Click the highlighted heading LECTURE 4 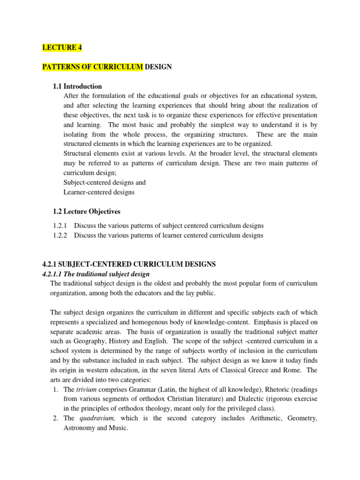pyautogui.click(x=60, y=47)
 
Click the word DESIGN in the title pyautogui.click(x=158, y=67)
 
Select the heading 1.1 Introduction pyautogui.click(x=77, y=86)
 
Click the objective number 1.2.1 pyautogui.click(x=60, y=225)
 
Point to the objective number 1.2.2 pyautogui.click(x=60, y=235)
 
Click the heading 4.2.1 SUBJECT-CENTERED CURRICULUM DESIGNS pyautogui.click(x=129, y=264)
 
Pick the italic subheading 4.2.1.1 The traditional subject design pyautogui.click(x=96, y=274)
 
